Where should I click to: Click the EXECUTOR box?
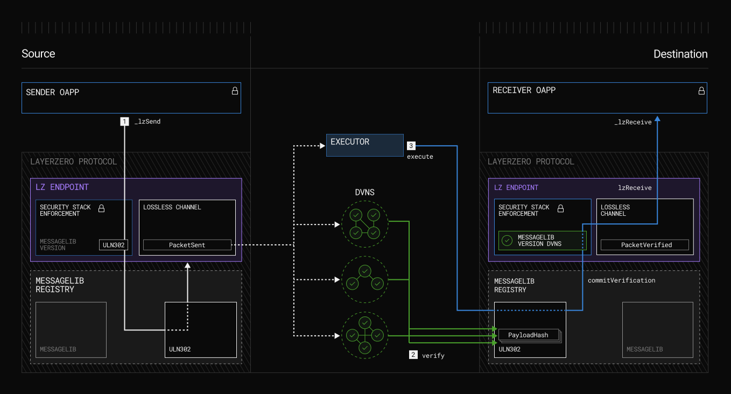364,145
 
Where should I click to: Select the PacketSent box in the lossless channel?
187,245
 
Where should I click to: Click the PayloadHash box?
528,335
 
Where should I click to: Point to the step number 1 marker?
124,122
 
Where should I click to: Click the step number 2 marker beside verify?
413,355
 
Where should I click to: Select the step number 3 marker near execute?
411,146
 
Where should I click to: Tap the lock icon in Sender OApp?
235,91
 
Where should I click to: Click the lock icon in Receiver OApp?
701,91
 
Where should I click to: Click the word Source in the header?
38,54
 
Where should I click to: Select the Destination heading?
680,54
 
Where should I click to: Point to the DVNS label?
364,192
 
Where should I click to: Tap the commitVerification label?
621,280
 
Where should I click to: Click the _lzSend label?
147,122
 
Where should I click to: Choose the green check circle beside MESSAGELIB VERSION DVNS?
507,241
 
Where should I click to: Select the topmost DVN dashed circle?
365,224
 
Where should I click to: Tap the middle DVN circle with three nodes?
365,279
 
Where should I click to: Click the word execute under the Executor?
420,157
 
